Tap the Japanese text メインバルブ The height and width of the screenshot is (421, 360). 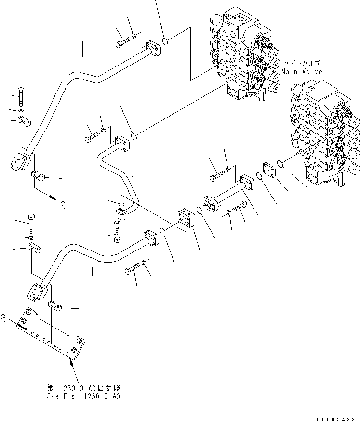coord(302,64)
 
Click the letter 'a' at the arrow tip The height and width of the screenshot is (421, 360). coord(62,205)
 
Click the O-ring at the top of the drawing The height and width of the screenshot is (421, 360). coord(165,41)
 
